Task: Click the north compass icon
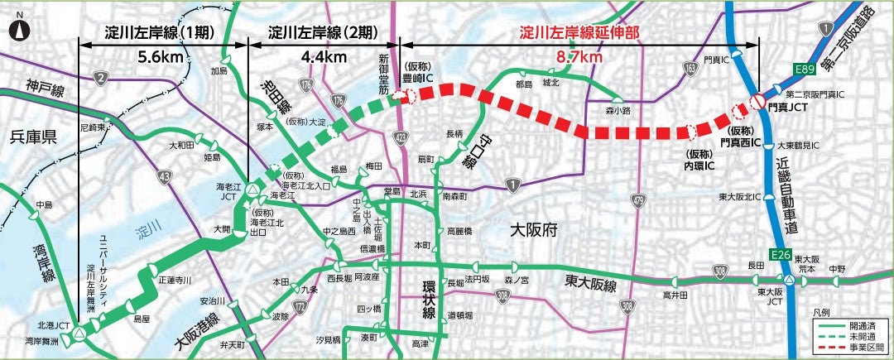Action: (18, 31)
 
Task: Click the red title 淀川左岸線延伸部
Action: (579, 34)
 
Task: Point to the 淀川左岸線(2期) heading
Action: (324, 34)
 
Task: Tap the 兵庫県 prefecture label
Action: (28, 137)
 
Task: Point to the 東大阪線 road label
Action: (591, 284)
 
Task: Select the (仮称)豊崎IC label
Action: (419, 74)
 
